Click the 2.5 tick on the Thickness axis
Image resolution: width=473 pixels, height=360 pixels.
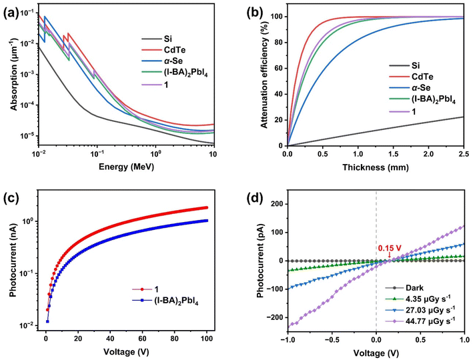point(464,155)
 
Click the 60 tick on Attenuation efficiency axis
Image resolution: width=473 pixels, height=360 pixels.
point(277,68)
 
